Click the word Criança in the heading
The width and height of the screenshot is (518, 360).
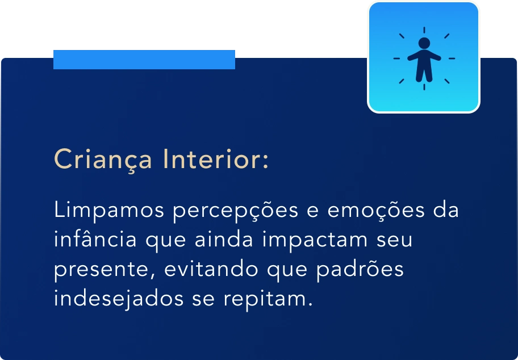point(103,160)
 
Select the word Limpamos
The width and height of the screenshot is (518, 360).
point(109,211)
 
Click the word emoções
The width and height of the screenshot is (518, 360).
point(375,211)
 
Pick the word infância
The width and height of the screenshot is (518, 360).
point(95,239)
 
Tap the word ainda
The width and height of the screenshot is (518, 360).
point(224,239)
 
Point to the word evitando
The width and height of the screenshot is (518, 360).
point(211,269)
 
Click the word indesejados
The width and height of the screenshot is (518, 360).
point(119,299)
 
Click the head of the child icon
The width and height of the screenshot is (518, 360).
point(424,43)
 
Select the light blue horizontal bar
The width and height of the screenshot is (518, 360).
point(144,60)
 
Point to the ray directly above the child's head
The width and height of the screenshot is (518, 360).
point(424,30)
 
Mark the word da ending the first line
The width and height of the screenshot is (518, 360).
point(446,210)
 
